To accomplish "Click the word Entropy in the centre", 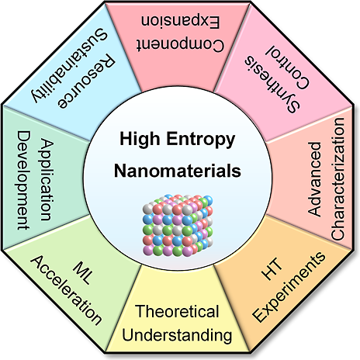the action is tap(200, 140).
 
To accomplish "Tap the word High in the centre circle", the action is tap(140, 140).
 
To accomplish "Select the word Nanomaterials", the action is tap(178, 171).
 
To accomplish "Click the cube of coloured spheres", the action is tap(178, 226).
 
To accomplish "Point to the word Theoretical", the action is tap(177, 311).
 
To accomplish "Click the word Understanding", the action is tap(177, 335).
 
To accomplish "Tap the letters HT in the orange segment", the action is tap(272, 269).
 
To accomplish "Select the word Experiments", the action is tap(289, 287).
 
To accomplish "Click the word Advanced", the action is tap(314, 179).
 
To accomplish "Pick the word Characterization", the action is tap(337, 179).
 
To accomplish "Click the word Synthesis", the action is tap(272, 85).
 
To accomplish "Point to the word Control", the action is tap(287, 67).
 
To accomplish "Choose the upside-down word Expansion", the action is tap(181, 22).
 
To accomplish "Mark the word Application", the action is tap(47, 180).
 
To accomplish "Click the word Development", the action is tap(24, 180).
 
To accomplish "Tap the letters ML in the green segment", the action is tap(82, 273).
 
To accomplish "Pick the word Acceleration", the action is tap(66, 290).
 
